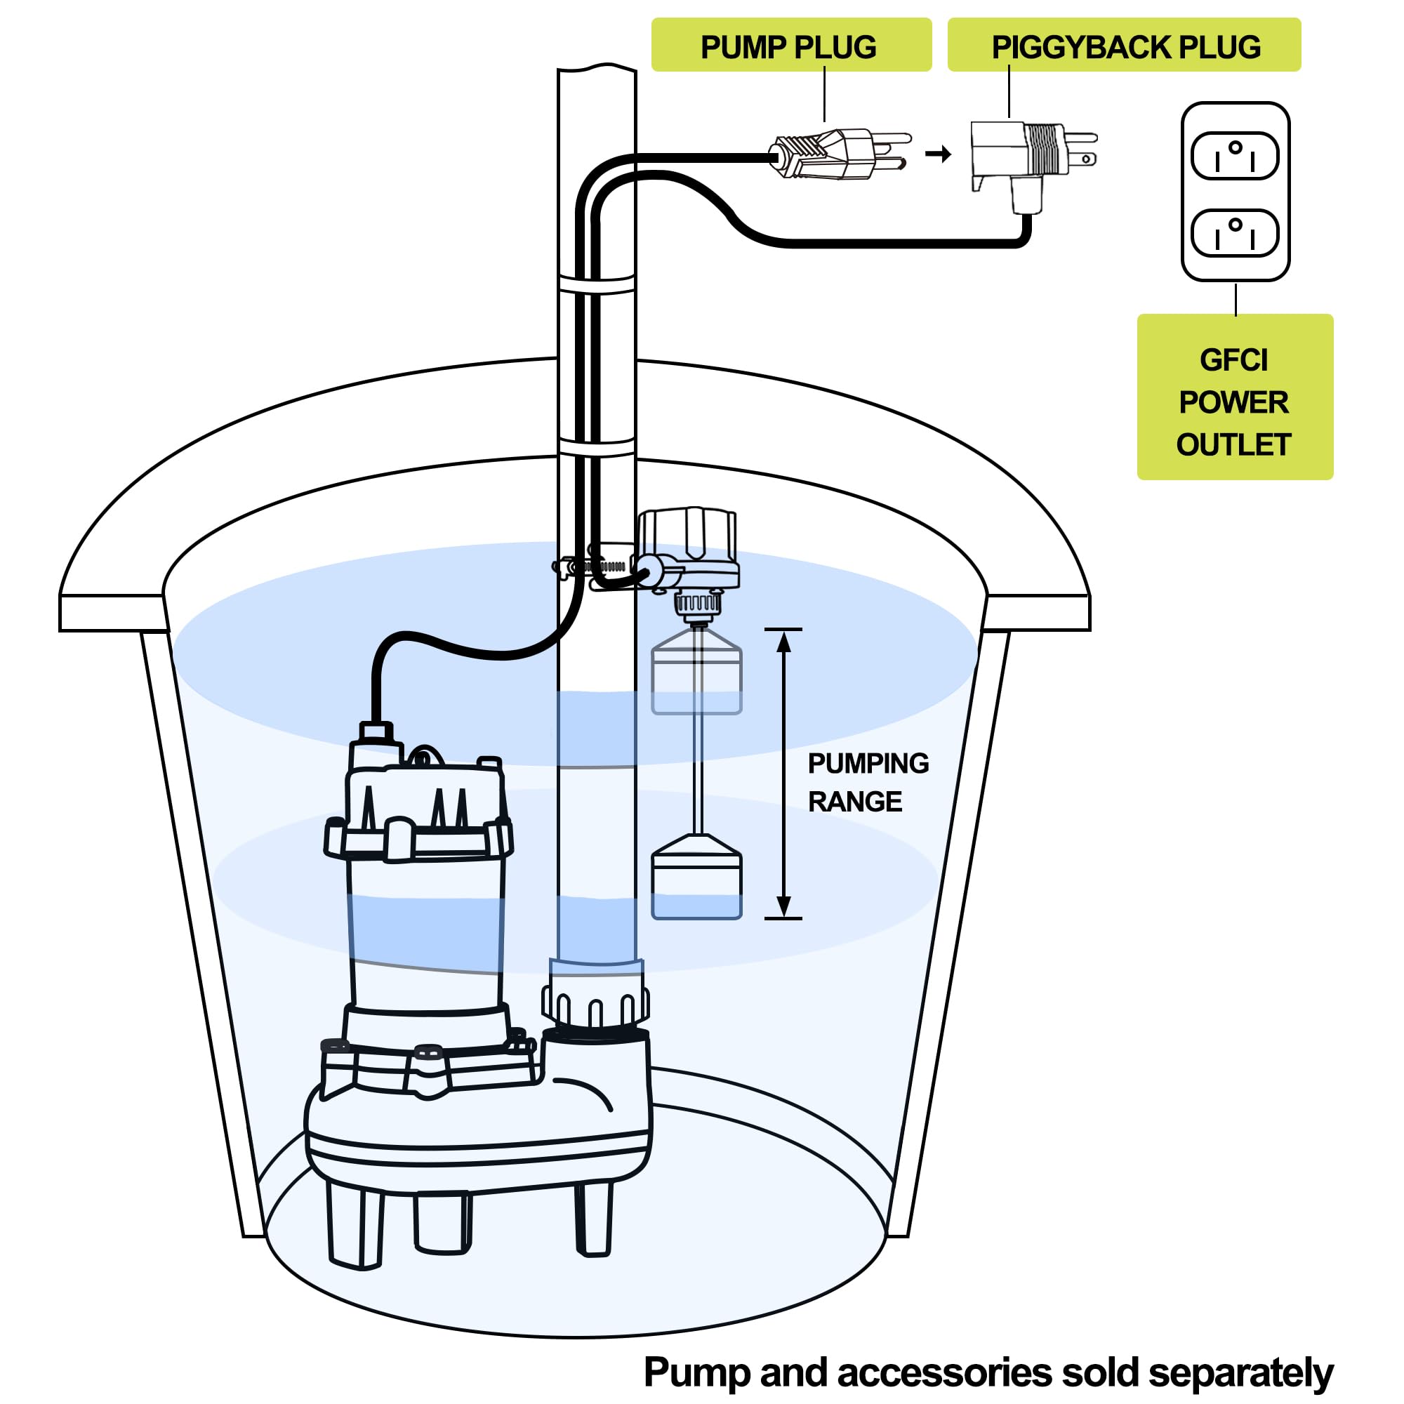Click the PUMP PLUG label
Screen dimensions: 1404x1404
[790, 46]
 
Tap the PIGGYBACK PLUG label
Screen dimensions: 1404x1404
[1123, 46]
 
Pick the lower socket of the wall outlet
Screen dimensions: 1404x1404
[1235, 232]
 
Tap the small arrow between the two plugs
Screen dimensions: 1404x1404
[938, 154]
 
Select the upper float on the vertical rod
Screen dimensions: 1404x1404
[696, 672]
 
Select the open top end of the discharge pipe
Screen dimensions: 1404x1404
[597, 69]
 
